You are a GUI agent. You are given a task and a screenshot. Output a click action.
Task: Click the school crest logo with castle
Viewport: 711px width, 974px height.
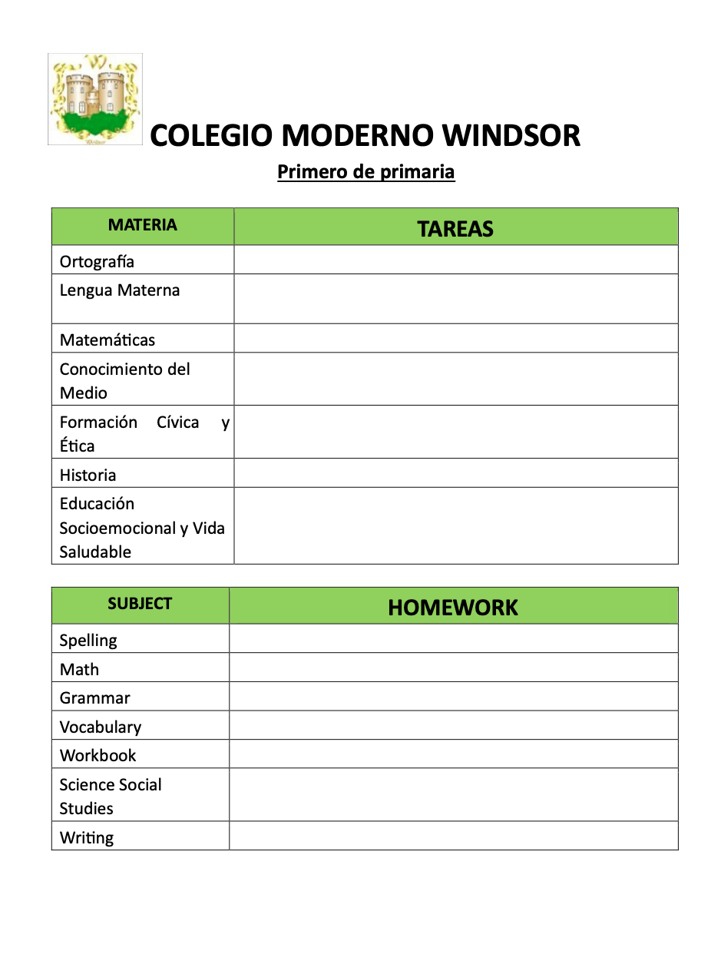pos(95,99)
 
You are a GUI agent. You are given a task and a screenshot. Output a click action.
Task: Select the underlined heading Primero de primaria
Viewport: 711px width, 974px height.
pos(365,172)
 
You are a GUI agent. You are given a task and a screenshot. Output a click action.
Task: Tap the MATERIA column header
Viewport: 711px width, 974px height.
pos(142,225)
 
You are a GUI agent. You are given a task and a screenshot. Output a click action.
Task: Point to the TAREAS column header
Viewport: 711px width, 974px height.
pos(455,229)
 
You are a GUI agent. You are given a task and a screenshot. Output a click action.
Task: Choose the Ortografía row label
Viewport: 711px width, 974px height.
pos(97,262)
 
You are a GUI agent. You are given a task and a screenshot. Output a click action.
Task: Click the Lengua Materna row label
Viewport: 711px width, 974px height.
pos(120,291)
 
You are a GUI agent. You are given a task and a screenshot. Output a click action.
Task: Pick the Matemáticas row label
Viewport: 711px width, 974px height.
pos(107,340)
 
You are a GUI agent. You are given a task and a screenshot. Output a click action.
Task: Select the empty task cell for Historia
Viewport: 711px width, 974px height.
pos(455,474)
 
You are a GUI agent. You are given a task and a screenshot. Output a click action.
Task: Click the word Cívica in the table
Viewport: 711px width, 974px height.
pos(177,422)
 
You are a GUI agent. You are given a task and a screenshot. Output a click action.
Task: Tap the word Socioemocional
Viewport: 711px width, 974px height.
pos(117,528)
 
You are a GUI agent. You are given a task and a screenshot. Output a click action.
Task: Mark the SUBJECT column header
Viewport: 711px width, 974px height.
pos(140,604)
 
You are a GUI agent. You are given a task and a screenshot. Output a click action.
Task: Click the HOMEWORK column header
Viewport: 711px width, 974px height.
pos(453,608)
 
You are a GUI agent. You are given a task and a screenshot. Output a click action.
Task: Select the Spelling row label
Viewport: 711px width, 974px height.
pos(88,641)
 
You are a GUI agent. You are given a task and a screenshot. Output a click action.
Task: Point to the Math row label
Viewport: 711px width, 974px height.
pos(79,670)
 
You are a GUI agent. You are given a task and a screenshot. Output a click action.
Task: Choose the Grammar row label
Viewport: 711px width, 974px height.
pos(94,698)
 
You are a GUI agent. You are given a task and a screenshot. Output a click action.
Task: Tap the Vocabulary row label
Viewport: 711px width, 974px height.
pos(101,727)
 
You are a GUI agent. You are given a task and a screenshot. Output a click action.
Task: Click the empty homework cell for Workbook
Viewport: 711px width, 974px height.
pos(453,754)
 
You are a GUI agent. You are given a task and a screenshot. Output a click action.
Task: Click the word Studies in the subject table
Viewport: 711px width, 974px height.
pos(86,809)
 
